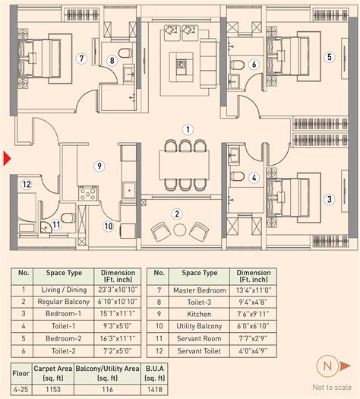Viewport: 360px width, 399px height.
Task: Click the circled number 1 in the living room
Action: [x=186, y=129]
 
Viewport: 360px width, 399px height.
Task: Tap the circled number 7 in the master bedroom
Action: [x=80, y=57]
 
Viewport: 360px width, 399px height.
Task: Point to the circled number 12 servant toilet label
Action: [x=26, y=184]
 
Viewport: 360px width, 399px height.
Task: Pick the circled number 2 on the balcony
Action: [x=176, y=214]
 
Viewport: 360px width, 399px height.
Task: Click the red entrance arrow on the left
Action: [x=7, y=159]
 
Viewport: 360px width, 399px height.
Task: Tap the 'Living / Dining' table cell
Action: [x=61, y=290]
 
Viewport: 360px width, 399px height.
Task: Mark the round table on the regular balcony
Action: [x=179, y=230]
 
